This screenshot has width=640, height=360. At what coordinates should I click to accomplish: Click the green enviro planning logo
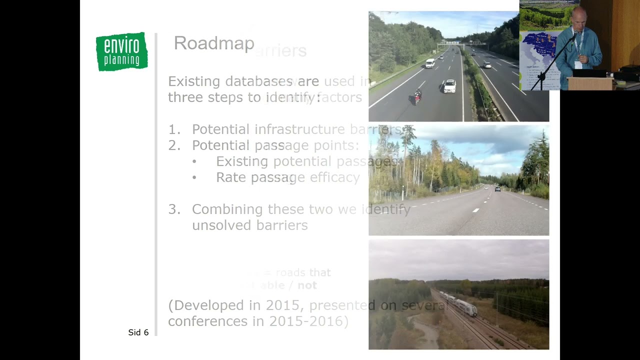click(121, 51)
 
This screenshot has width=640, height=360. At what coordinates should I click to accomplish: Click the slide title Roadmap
click(214, 43)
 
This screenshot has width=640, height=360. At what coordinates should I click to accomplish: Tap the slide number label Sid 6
click(138, 332)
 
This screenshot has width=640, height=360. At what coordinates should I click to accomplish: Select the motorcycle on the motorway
click(417, 96)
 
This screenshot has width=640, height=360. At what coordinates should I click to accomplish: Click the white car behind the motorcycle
click(449, 86)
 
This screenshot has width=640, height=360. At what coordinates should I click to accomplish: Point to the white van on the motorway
click(430, 63)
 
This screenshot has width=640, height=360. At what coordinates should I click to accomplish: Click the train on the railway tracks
click(459, 303)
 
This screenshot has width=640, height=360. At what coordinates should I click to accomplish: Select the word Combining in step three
click(227, 209)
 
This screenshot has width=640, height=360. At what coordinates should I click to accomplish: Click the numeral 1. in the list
click(174, 129)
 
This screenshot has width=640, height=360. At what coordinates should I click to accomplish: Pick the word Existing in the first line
click(194, 81)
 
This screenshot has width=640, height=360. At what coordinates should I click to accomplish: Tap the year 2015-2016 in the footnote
click(308, 321)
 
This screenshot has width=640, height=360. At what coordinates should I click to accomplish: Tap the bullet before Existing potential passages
click(194, 161)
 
